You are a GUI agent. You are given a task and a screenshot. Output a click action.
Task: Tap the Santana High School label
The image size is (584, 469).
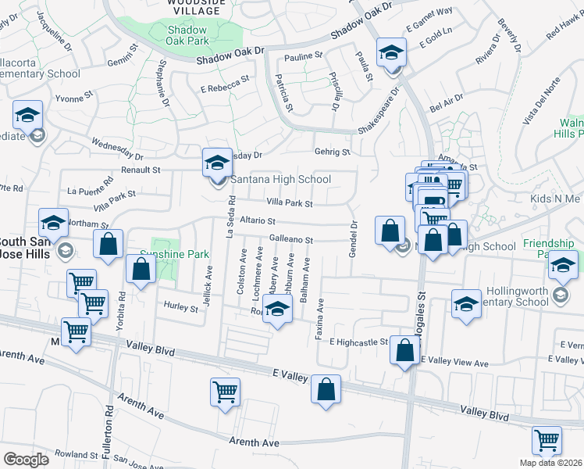point(280,179)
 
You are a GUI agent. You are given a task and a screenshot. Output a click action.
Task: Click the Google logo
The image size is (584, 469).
point(26,459)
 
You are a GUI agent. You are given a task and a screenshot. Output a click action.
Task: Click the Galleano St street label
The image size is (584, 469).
point(291,239)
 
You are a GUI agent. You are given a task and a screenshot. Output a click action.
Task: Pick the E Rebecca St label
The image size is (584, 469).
point(225,83)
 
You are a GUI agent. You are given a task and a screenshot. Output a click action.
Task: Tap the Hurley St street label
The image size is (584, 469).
point(180,308)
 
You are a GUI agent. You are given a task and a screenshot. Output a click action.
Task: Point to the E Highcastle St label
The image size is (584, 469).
point(358,342)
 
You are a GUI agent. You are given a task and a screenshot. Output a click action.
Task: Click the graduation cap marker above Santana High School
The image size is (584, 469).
point(218,163)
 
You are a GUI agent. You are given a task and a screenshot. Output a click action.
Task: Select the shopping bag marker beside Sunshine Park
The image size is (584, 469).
point(141,270)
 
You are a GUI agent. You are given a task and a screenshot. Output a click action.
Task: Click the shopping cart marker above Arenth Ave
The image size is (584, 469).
point(226,392)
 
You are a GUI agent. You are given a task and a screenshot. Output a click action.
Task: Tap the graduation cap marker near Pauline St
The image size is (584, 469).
point(390,53)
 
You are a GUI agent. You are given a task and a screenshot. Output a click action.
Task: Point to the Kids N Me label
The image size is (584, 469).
point(555,199)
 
